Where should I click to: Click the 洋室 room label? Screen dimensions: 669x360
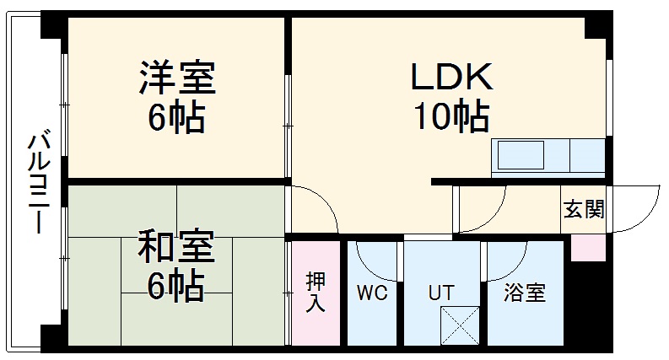177,78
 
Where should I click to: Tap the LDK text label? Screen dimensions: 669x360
452,77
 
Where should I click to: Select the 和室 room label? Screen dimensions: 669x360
175,245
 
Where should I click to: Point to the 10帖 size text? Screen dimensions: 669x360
452,116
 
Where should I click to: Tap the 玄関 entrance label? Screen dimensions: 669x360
584,209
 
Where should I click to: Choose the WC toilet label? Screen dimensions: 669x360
372,293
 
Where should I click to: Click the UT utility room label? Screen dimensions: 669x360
441,293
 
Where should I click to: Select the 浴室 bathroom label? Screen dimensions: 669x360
525,293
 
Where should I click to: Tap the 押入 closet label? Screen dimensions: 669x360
316,293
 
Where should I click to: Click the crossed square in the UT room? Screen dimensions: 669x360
460,325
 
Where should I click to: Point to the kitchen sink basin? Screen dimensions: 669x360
517,154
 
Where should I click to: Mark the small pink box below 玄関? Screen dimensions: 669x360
588,247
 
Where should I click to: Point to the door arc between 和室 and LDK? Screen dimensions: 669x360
326,201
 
